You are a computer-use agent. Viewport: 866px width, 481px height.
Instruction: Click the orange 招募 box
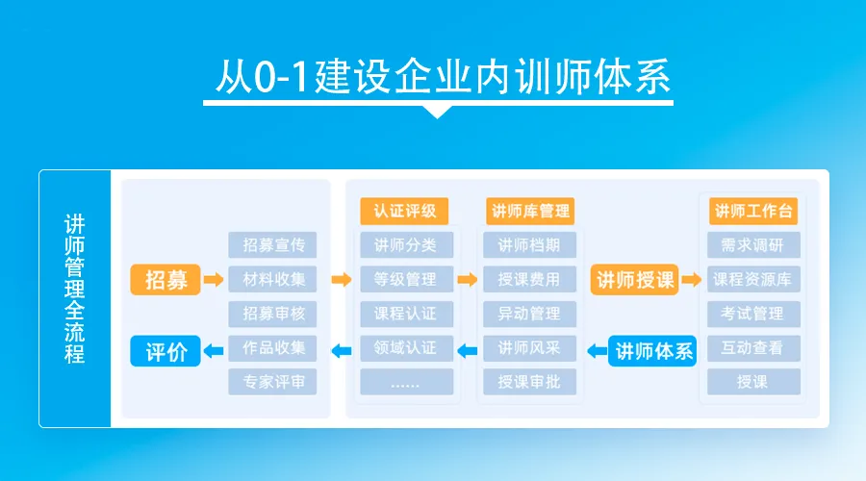[x=166, y=280]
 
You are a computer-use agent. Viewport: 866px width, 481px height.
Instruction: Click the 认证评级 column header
[x=405, y=211]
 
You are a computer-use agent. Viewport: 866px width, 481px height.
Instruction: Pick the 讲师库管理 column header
[x=530, y=211]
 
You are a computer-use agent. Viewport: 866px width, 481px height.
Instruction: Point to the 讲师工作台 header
[x=753, y=211]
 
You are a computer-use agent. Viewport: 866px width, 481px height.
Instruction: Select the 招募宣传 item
[x=273, y=245]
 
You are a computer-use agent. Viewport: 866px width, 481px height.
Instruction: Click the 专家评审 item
[x=273, y=382]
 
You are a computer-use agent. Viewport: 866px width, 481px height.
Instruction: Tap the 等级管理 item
[x=405, y=280]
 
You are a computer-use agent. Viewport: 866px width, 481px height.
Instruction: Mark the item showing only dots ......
[x=405, y=382]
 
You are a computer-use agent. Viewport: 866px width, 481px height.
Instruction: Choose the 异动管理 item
[x=530, y=314]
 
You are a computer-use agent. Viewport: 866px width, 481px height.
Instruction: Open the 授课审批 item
[x=530, y=382]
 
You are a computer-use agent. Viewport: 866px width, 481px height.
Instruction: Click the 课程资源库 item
[x=753, y=280]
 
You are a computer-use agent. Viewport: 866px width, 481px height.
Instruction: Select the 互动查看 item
[x=753, y=348]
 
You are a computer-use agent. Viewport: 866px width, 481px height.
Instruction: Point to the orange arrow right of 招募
[x=213, y=280]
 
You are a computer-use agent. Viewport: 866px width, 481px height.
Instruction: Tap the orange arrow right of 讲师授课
[x=691, y=280]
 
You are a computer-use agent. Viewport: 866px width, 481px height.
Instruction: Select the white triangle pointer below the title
[x=437, y=111]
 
